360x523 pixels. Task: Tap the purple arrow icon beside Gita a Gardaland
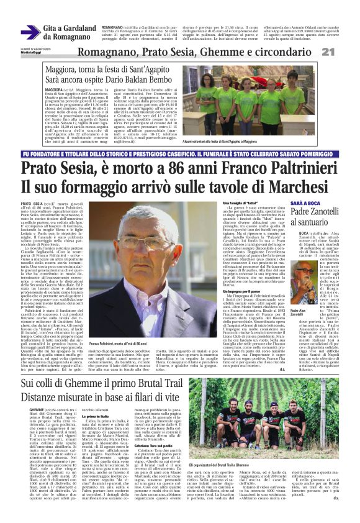click(30, 32)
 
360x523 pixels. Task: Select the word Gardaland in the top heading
click(78, 29)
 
